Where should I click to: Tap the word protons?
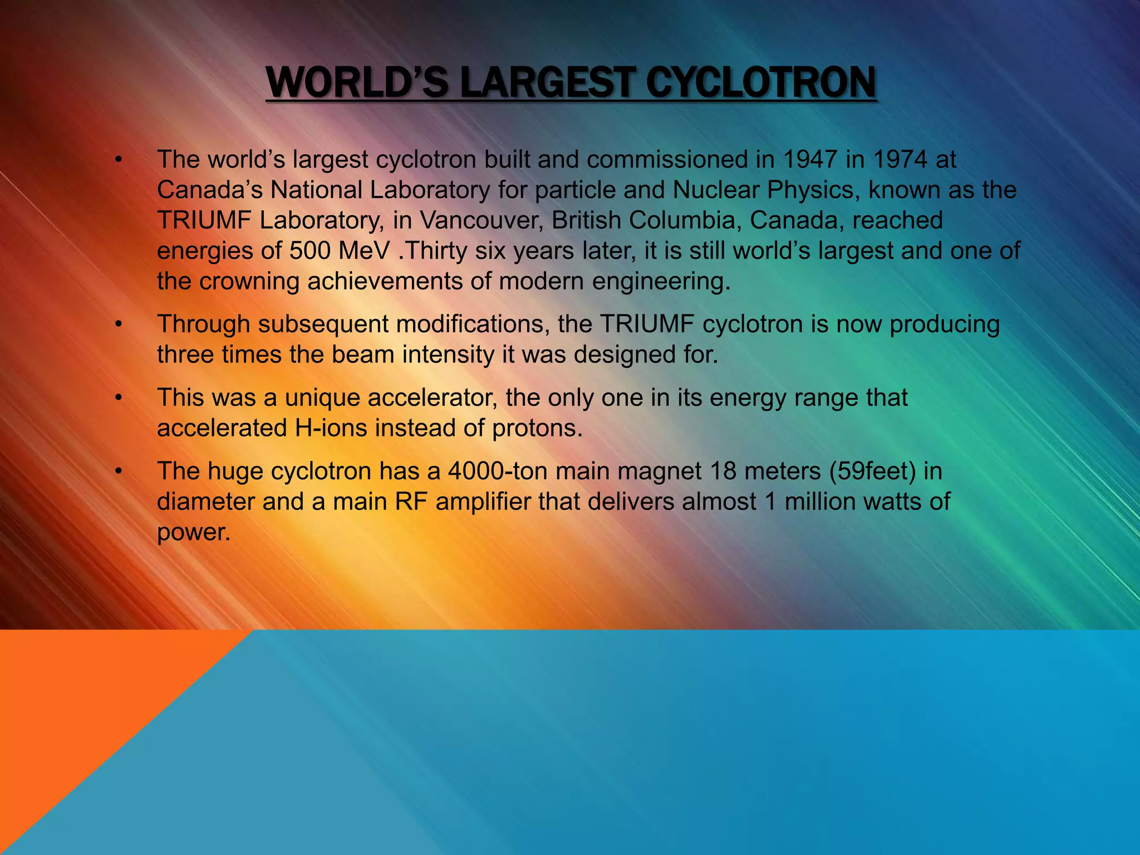click(x=537, y=429)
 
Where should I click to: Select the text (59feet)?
click(x=872, y=471)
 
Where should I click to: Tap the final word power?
click(x=193, y=533)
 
